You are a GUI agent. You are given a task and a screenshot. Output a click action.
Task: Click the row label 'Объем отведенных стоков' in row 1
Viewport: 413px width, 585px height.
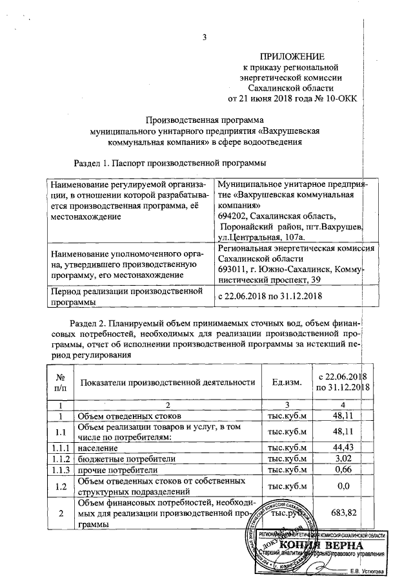click(130, 416)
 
